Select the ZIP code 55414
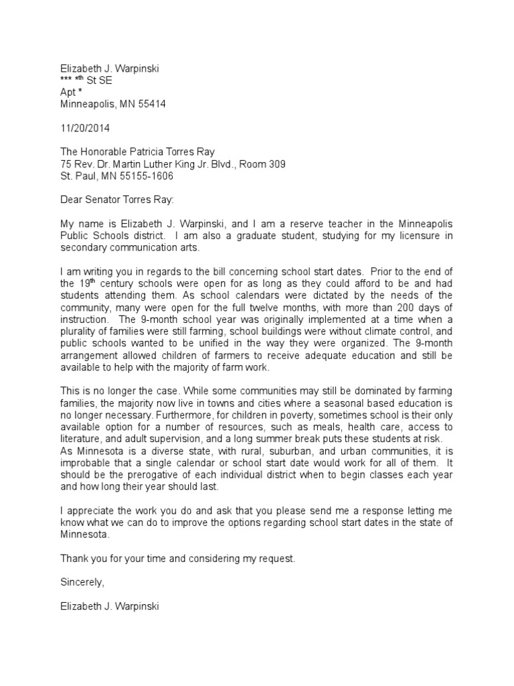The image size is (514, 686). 152,104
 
